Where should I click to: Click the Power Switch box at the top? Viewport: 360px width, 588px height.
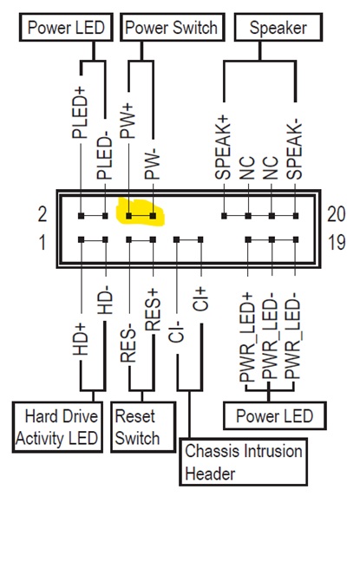[172, 28]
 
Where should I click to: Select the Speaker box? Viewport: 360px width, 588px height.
[278, 28]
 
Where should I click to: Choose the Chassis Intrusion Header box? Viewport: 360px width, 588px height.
[243, 462]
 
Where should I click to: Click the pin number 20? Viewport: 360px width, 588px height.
[337, 214]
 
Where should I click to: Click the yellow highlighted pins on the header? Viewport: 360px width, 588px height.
[141, 213]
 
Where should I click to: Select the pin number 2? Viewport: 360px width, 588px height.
[43, 214]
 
